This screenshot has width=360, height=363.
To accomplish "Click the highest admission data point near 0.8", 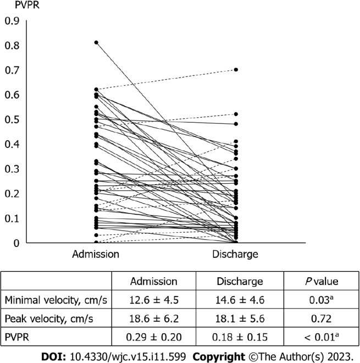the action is point(96,42).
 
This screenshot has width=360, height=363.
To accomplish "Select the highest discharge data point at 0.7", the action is point(236,70).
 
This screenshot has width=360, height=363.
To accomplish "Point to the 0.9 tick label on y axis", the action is point(12,21).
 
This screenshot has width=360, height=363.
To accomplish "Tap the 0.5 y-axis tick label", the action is point(12,120).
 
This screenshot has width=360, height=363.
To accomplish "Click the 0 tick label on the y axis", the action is point(16,243).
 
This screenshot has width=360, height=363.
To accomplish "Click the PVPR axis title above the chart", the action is point(27,5).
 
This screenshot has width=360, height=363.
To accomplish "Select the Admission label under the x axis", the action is point(96,254).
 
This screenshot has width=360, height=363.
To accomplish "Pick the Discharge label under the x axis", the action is point(235,254).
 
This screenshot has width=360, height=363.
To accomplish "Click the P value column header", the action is point(322,281).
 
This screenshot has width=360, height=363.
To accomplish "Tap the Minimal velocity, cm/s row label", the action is point(56,300).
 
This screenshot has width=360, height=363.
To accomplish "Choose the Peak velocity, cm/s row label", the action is point(49,319).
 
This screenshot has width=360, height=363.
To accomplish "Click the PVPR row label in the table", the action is point(17,337).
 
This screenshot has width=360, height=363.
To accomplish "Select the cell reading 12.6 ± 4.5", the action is point(154,300).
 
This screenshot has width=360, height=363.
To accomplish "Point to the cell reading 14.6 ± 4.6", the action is point(240,300).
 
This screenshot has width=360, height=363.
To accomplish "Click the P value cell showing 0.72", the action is point(322,319).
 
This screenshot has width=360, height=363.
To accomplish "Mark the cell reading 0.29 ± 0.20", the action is point(154,337).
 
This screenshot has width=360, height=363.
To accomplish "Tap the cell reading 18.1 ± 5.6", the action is point(240,319).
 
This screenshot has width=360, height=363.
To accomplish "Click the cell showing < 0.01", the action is point(322,337).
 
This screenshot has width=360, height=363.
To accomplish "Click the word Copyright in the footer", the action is point(219,356).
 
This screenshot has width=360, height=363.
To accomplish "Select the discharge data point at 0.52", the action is point(236,114).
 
